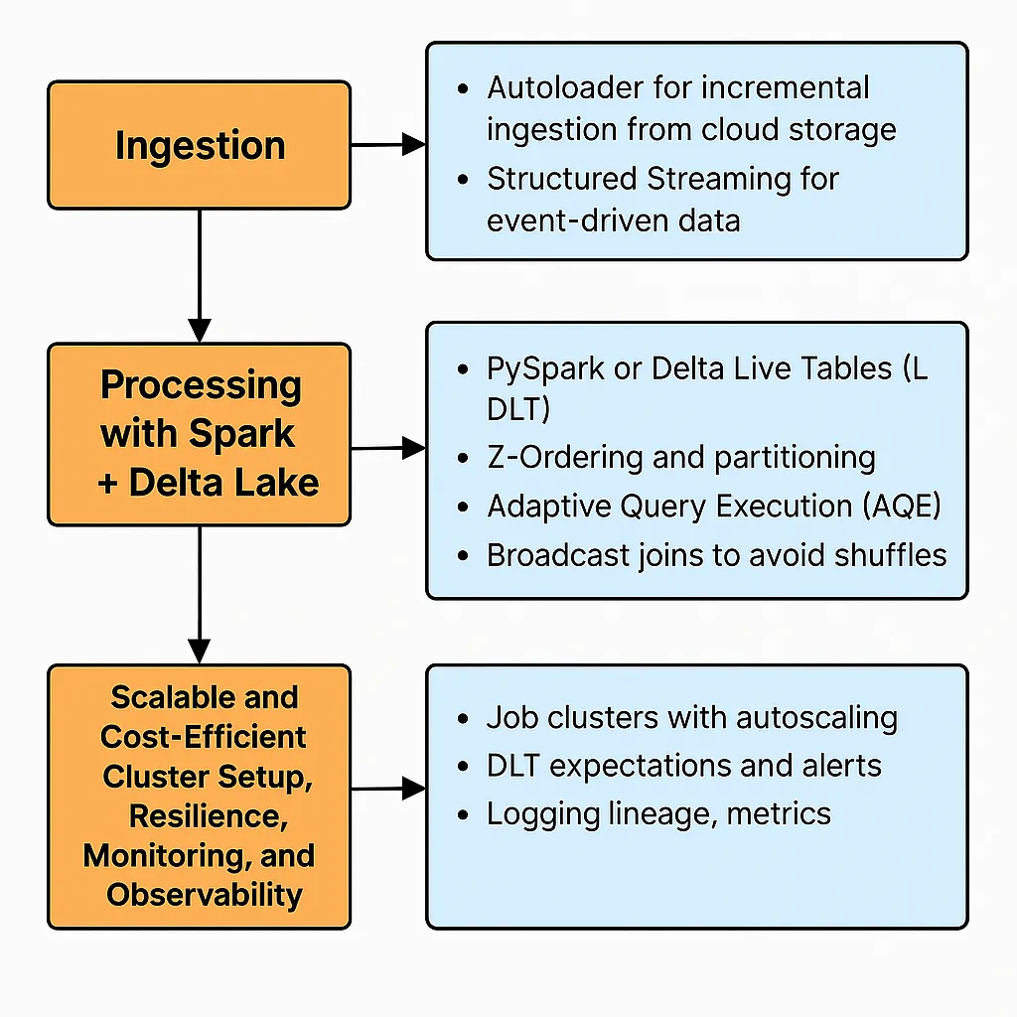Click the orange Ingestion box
199,145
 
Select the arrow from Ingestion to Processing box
199,276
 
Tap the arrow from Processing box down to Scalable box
199,595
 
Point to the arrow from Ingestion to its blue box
388,145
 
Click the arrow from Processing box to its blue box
388,448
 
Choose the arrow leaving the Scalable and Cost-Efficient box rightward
388,789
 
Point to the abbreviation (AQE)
902,506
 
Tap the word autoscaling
816,719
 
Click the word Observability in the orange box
205,895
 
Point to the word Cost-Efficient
203,737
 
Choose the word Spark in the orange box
241,434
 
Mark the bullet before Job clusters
463,719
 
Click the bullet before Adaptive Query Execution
463,507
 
